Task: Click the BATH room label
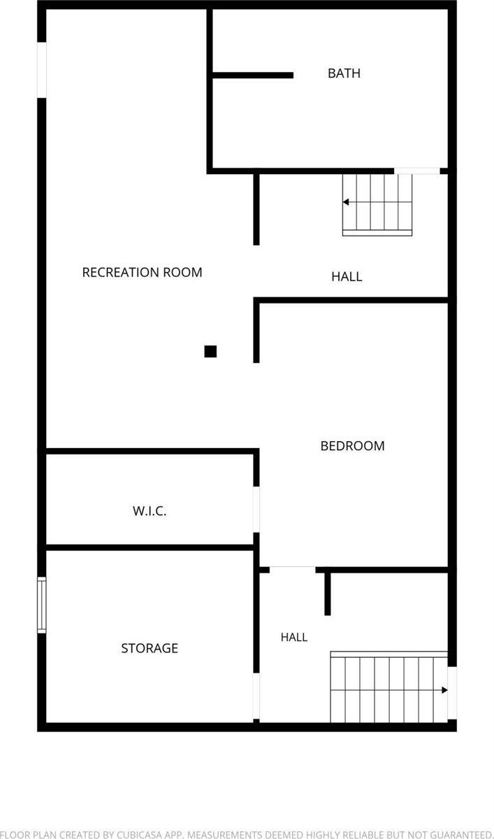click(x=344, y=73)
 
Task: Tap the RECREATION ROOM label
click(x=143, y=272)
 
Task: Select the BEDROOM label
click(x=353, y=446)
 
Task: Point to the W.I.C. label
click(x=150, y=511)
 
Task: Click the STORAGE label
click(x=150, y=648)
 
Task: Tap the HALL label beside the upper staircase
click(x=347, y=277)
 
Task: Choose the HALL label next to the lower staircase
click(x=294, y=637)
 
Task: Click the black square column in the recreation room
click(x=210, y=351)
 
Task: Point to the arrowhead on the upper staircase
click(x=346, y=202)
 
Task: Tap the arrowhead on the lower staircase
click(x=444, y=690)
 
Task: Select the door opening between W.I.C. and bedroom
click(x=256, y=510)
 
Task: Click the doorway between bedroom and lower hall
click(x=293, y=570)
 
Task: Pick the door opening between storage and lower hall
click(x=256, y=696)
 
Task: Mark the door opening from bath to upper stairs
click(x=417, y=171)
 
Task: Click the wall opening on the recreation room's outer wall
click(x=41, y=70)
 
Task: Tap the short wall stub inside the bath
click(x=253, y=76)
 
